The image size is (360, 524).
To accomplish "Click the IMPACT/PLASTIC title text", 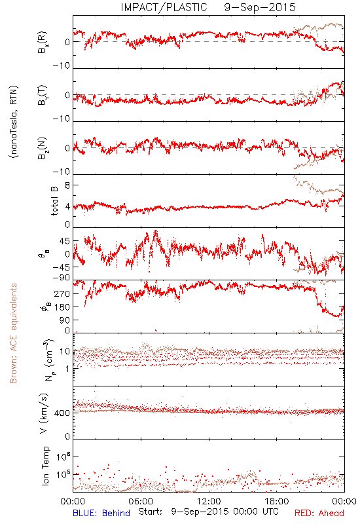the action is tap(164, 7).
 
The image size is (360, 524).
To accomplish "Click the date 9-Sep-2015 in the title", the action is tap(260, 7).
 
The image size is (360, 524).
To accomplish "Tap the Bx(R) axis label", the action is tap(43, 43).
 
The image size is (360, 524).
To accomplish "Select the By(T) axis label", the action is tap(43, 95).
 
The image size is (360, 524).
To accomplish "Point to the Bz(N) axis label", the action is tap(43, 148).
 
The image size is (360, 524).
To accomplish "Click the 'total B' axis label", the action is tap(54, 201).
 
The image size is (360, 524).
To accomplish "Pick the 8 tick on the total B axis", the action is tap(67, 185).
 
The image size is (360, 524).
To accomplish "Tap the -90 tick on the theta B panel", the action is tap(62, 278).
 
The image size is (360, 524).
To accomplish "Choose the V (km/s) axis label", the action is tap(44, 413).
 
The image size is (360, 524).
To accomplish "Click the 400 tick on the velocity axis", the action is tap(62, 413).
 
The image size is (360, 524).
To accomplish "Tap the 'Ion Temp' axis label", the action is tap(45, 466).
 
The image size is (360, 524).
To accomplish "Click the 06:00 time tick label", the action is tap(141, 501).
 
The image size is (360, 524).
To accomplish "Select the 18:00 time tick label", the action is tap(277, 501).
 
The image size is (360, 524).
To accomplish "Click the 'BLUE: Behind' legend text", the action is tap(101, 513).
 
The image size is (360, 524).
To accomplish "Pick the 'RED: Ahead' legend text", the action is tap(319, 513).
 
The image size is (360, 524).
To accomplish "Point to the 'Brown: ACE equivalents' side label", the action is tap(13, 333).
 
